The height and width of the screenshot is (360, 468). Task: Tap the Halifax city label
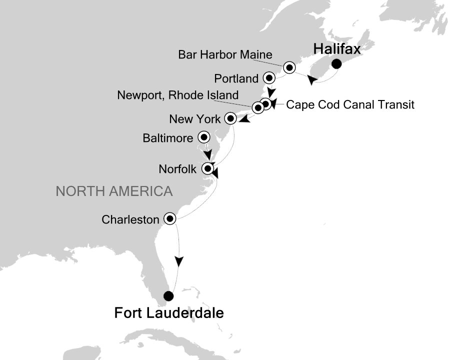[x=336, y=49]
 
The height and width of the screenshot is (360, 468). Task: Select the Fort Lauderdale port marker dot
[x=169, y=295]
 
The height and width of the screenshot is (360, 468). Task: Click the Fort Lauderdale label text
[x=169, y=313]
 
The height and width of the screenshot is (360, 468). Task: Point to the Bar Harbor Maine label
[x=225, y=54]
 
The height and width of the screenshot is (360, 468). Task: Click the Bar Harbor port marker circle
[x=289, y=67]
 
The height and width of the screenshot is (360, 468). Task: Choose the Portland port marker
[x=269, y=78]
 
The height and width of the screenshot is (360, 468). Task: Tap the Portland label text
[x=236, y=78]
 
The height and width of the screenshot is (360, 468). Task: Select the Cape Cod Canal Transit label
[x=350, y=105]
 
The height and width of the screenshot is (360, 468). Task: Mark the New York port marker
[x=230, y=118]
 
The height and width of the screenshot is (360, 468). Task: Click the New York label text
[x=194, y=119]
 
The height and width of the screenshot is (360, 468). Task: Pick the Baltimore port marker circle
[x=204, y=136]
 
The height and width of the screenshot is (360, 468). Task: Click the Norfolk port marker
[x=207, y=168]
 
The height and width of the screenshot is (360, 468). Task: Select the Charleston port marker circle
[x=170, y=218]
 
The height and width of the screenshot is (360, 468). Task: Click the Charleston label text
[x=130, y=219]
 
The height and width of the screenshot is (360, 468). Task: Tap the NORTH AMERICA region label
[x=114, y=191]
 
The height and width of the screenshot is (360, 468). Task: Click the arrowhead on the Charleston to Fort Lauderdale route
[x=179, y=261]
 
